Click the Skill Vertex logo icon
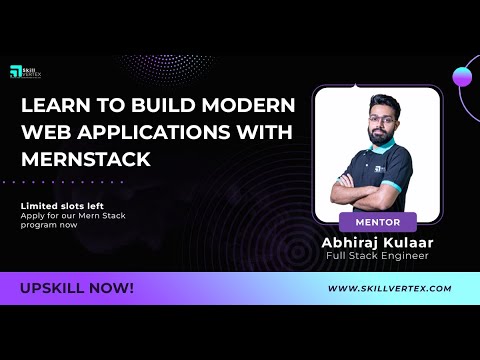tap(15, 72)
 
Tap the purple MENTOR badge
tap(377, 221)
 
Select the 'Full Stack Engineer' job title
tap(377, 255)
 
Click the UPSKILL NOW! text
tap(77, 288)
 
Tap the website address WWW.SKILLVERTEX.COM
tap(390, 288)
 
